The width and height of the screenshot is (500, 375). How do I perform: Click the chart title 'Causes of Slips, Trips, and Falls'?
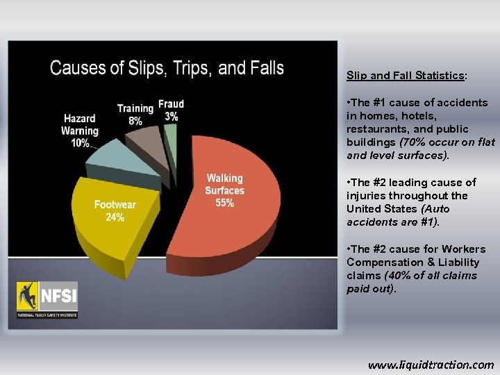167,68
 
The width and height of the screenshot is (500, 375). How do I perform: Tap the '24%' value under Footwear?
115,217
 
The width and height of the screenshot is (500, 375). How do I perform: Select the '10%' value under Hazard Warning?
80,143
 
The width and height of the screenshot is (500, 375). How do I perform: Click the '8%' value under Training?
135,120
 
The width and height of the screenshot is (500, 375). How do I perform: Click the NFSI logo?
48,299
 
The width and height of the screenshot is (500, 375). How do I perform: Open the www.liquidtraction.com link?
431,364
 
